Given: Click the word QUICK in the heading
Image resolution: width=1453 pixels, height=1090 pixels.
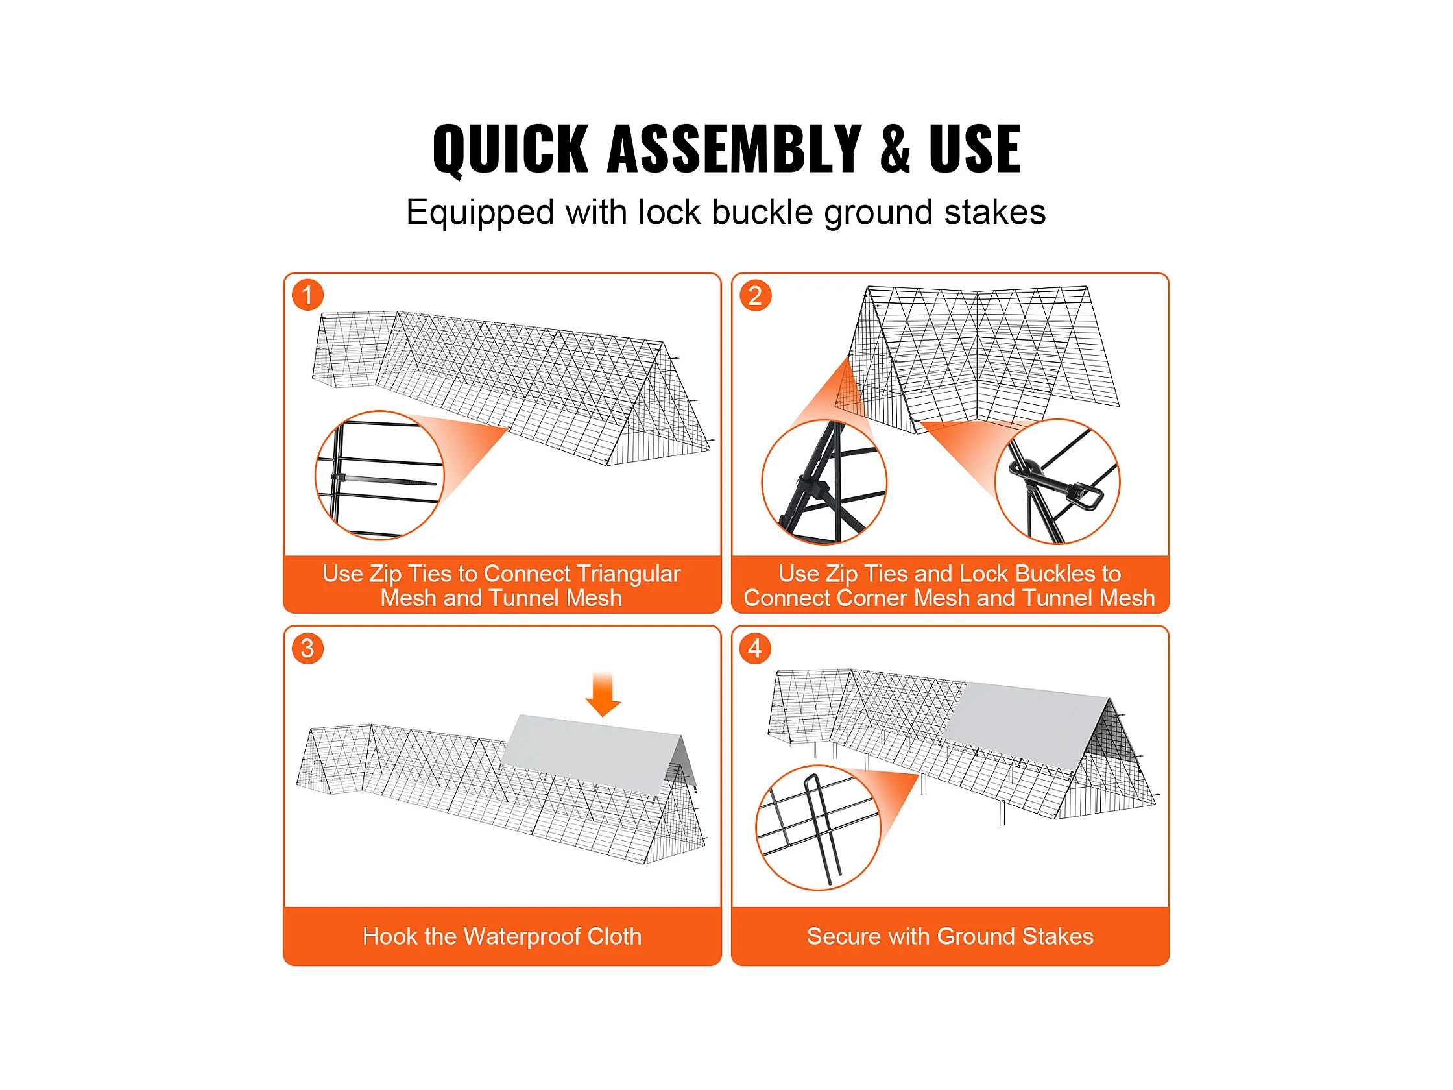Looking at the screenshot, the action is coord(510,149).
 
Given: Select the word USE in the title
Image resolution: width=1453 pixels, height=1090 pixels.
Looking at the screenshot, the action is coord(975,149).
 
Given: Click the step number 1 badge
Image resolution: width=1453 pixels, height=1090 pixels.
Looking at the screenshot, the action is coord(307,295).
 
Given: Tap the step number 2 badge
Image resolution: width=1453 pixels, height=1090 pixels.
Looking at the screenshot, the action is coord(756,295).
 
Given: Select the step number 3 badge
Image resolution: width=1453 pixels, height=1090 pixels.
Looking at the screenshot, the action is coord(307,648).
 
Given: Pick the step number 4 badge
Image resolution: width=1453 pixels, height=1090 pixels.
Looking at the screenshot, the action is coord(756,648).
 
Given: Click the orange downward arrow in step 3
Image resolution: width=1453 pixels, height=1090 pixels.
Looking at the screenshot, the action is coord(603,694).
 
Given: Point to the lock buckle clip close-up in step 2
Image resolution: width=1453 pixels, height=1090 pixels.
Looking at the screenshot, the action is coord(1057,481).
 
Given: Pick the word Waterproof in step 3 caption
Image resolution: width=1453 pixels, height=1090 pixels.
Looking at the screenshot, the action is coord(522,936).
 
